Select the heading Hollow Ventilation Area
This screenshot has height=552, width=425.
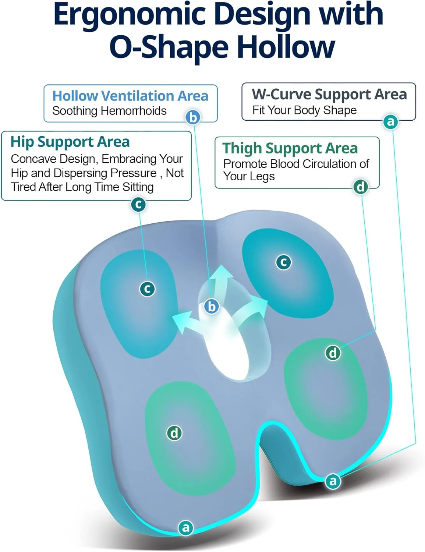point(130,96)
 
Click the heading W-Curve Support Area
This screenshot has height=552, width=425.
point(329,95)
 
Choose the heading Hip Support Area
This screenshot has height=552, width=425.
point(70,142)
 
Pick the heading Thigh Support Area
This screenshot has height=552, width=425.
point(290,148)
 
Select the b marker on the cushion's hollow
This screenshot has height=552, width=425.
point(212,307)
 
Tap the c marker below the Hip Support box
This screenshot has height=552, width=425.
point(138,204)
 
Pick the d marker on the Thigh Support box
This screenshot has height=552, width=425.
point(361,187)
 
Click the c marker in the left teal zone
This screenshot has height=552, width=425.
point(148,289)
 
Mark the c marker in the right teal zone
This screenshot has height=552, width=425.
point(284,262)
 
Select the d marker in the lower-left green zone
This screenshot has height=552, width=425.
point(174,433)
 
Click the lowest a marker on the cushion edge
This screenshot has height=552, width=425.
point(186,528)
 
